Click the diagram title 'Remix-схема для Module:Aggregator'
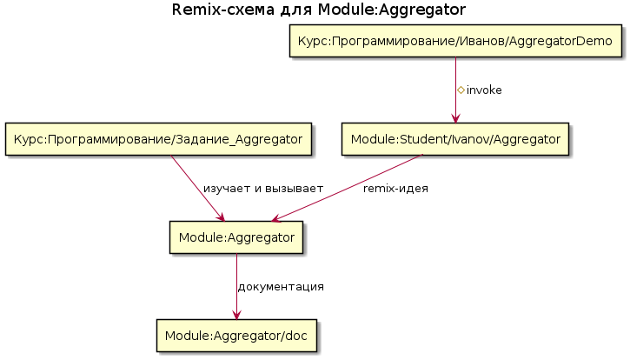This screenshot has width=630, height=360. [x=319, y=10]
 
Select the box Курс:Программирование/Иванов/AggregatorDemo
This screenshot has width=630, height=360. [x=455, y=42]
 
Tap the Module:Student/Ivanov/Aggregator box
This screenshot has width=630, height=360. [x=455, y=139]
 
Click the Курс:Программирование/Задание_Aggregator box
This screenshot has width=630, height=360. [x=160, y=139]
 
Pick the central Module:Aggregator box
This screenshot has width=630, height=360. [x=235, y=237]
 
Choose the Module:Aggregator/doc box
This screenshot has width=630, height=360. [x=235, y=335]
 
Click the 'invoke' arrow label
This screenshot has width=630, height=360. [x=484, y=90]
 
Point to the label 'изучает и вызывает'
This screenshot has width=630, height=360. [x=263, y=189]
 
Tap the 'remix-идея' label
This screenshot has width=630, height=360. [x=395, y=188]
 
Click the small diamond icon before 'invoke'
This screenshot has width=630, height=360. [x=461, y=90]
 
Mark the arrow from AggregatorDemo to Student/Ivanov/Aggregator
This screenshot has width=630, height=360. [x=455, y=78]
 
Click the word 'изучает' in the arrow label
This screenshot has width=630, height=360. [x=226, y=189]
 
